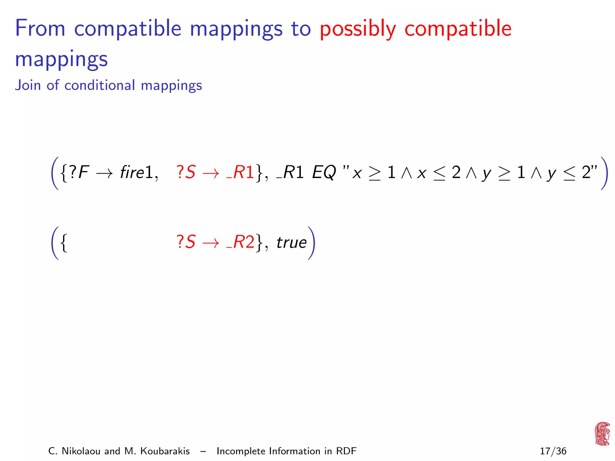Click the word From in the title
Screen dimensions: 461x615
click(x=40, y=29)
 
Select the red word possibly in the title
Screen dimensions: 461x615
click(x=358, y=29)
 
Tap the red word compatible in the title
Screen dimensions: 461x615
click(x=458, y=29)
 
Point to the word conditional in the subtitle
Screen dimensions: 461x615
click(x=100, y=85)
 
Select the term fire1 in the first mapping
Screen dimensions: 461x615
click(x=137, y=172)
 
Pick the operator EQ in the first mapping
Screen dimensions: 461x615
click(x=324, y=173)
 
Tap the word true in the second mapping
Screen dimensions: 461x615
click(x=291, y=242)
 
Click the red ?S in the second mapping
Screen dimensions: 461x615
click(x=186, y=242)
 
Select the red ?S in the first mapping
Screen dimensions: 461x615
click(x=186, y=172)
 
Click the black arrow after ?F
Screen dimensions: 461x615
click(x=105, y=173)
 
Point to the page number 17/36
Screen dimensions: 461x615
click(x=553, y=451)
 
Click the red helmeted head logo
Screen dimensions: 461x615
click(x=602, y=433)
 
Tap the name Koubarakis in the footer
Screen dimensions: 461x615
click(x=165, y=451)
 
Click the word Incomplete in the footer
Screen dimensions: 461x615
click(x=241, y=451)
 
